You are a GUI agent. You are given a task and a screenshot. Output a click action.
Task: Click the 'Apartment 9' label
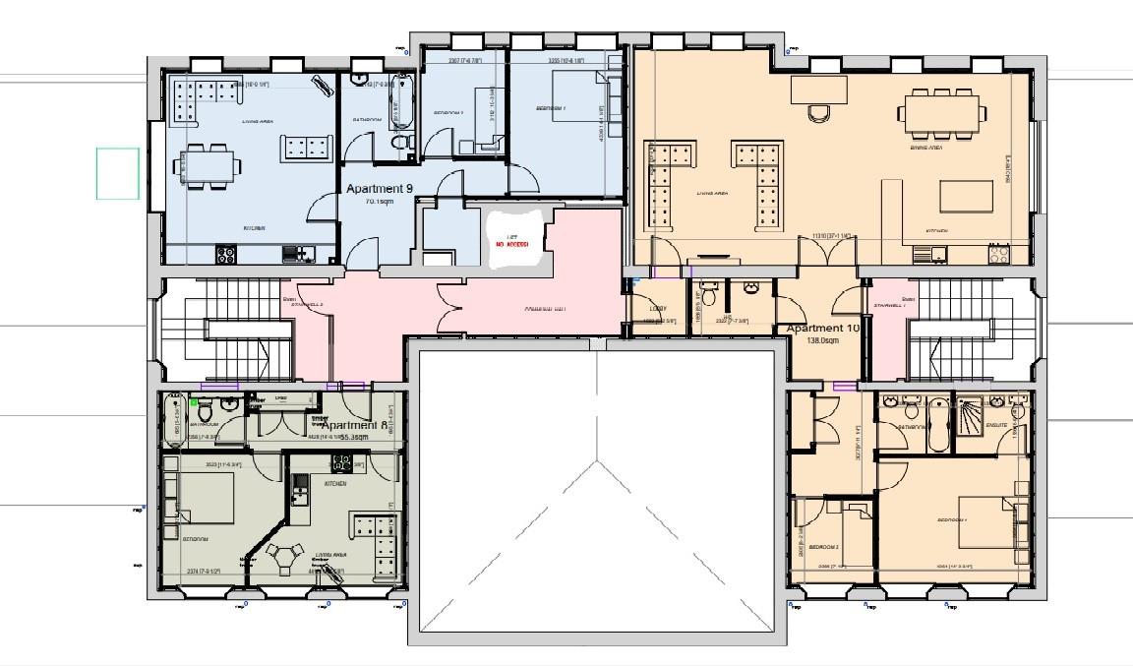pos(375,188)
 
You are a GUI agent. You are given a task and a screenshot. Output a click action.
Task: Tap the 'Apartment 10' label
pos(822,329)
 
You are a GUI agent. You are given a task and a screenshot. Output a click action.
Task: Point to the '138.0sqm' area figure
pos(822,340)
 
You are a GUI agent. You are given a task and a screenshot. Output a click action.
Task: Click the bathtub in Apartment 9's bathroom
pos(401,100)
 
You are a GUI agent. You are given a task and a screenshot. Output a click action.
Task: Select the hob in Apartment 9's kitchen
pos(225,254)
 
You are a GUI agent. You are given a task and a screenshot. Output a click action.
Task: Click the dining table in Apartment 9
pos(208,164)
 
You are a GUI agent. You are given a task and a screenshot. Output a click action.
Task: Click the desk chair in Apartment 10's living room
pos(818,114)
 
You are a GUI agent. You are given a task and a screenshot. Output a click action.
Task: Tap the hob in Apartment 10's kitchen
pos(999,254)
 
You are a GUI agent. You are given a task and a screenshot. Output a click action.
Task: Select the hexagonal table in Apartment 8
pos(285,555)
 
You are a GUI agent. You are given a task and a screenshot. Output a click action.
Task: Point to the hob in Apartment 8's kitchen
pos(301,484)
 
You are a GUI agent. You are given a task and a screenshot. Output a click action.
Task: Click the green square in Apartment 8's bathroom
pos(194,402)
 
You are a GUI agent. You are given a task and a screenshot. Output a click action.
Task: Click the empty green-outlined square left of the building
pos(118,173)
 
